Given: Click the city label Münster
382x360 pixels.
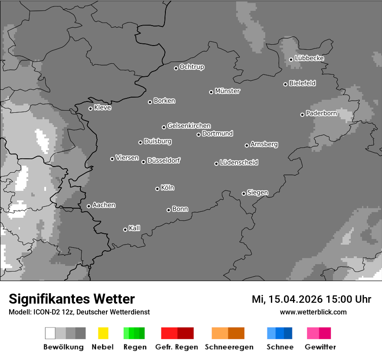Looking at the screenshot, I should point(227,91).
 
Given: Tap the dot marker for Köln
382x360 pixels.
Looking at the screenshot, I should point(157,189).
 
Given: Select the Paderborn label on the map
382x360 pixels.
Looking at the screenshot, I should point(321,114).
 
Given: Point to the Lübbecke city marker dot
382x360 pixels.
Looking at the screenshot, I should point(291,59).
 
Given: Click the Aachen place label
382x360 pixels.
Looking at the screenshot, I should point(104,205).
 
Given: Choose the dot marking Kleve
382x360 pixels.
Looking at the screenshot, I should point(90,108).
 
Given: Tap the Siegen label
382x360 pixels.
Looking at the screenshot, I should point(257,193).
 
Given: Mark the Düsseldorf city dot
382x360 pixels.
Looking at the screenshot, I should point(143,162).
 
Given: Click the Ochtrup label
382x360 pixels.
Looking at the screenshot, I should point(192,67).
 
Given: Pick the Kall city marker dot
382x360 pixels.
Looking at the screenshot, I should point(125,229).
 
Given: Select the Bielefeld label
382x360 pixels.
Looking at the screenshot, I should point(302,83).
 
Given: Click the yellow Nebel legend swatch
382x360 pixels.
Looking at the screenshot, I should point(103,333).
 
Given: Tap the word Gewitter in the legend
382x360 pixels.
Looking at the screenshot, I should point(320,347).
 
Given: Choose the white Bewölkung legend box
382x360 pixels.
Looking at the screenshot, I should point(50,333).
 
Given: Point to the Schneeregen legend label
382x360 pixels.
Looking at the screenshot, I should point(229,347).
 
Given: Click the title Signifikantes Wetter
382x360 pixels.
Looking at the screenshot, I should point(72,299).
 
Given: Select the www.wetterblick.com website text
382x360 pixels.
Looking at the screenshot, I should point(313,312).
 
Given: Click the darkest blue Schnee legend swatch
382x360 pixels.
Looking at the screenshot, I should point(288,333).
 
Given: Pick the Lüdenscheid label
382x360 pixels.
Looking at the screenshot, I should point(239,163).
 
